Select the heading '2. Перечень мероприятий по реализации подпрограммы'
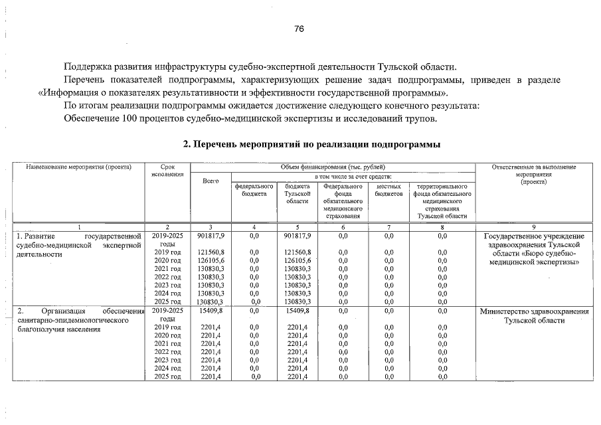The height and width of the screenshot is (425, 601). point(311,144)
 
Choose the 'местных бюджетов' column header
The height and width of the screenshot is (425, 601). point(388,190)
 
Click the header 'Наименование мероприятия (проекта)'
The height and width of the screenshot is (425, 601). point(79,167)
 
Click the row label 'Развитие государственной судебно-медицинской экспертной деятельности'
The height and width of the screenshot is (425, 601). point(79,244)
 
